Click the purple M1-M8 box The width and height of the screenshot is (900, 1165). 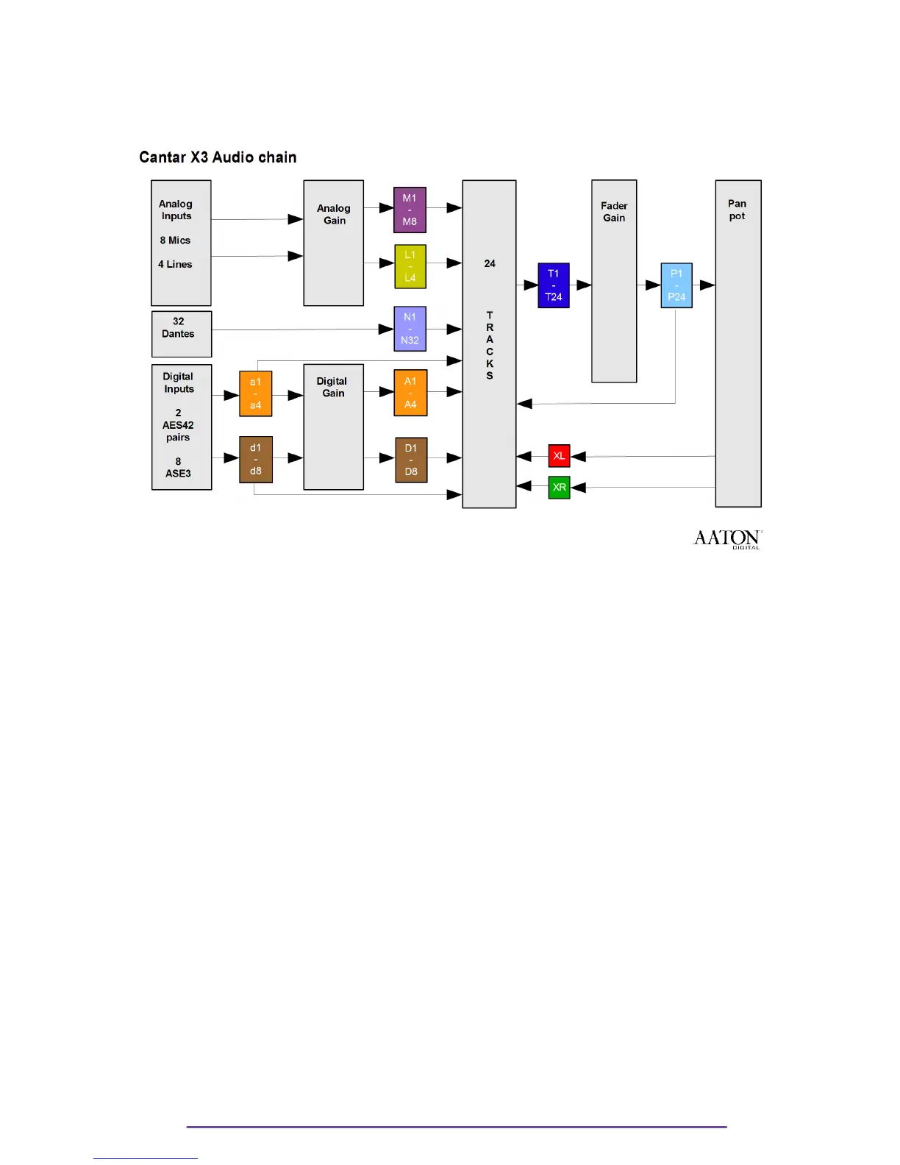coord(410,210)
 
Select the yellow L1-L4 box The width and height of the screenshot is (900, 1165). coord(410,266)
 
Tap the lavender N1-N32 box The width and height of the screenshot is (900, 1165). coord(410,329)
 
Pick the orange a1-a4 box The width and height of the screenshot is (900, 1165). coord(255,393)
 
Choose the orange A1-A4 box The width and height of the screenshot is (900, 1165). coord(410,393)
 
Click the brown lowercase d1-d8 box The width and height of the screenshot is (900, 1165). coord(255,459)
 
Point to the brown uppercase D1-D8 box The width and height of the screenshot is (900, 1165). coord(411,460)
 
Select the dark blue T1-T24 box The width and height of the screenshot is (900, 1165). coord(554,285)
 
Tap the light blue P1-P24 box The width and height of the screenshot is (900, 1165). coord(676,285)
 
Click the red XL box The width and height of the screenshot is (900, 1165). coord(560,456)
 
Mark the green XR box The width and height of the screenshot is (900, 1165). coord(560,488)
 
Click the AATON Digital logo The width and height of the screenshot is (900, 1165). coord(727,539)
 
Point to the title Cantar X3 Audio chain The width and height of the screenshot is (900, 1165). coord(218,157)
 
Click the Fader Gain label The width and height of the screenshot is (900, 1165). coord(614,212)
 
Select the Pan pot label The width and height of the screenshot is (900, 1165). coord(737,210)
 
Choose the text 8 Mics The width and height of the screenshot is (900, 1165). coord(175,241)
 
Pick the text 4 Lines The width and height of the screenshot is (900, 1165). coord(175,265)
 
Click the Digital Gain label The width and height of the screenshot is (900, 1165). coord(332,387)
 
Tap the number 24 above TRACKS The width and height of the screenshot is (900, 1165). coord(490,263)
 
